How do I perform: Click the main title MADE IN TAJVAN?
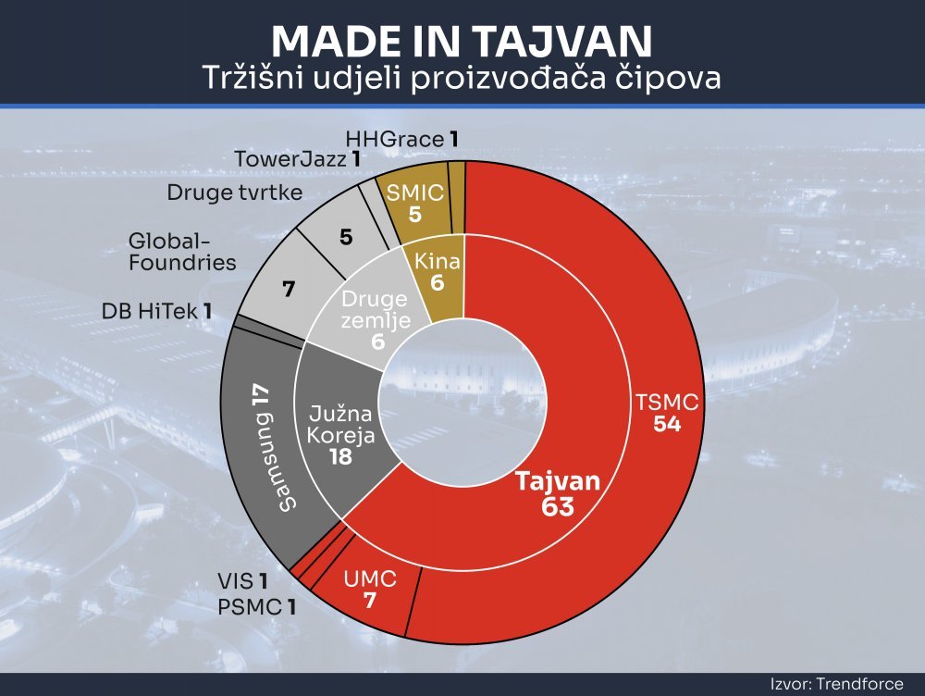462,42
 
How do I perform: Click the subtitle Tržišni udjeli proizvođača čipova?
462,78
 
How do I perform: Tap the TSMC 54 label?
667,413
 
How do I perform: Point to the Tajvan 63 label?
558,493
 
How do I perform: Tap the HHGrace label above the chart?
401,140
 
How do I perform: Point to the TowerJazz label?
297,159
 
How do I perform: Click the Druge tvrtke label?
235,193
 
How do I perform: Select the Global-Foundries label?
182,252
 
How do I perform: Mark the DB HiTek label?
156,311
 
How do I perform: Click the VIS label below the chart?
242,581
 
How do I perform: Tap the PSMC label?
256,607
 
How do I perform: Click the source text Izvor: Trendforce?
836,684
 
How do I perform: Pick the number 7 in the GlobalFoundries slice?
288,290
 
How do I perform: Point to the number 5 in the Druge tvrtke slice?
346,237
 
